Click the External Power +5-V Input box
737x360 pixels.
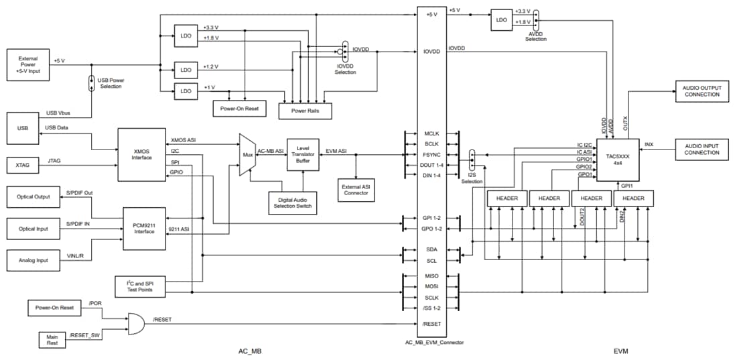[x=28, y=65]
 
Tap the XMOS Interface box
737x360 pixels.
[x=142, y=154]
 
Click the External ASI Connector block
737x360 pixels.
[x=356, y=189]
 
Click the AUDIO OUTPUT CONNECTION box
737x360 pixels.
[x=701, y=94]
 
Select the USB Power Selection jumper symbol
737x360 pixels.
[x=92, y=84]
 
